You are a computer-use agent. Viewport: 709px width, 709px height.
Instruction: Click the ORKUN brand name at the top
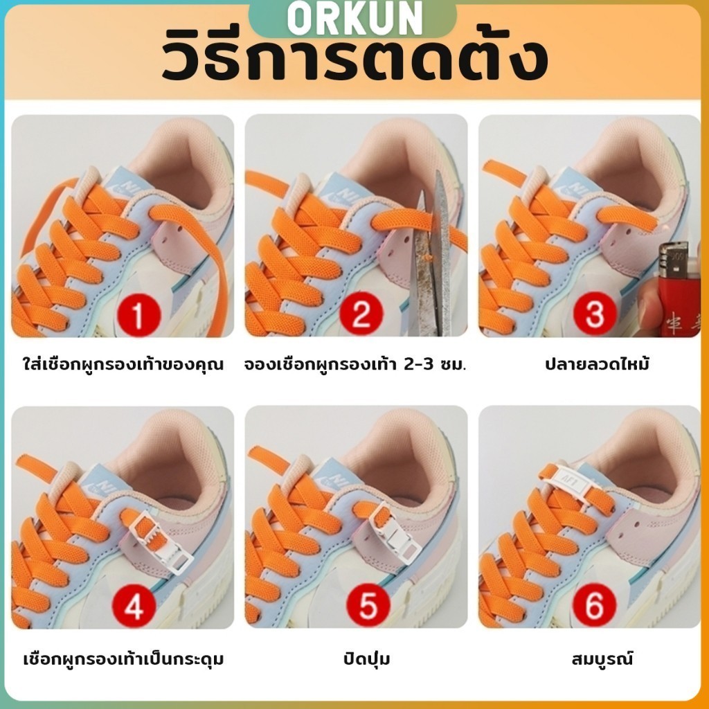(x=354, y=18)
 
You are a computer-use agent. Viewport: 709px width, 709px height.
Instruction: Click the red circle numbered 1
(x=138, y=313)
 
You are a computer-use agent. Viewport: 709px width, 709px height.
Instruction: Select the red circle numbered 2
(x=361, y=313)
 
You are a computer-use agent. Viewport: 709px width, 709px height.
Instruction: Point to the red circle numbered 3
(x=595, y=313)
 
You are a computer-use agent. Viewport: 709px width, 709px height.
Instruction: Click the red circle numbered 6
(x=594, y=604)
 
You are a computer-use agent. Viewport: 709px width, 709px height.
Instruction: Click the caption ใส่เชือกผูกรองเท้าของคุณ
(x=123, y=364)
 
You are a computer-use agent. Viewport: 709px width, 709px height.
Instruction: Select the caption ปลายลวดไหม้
(x=597, y=364)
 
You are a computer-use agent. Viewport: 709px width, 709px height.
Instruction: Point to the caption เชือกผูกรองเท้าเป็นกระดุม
(x=123, y=659)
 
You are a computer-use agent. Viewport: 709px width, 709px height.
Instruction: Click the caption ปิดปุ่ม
(x=367, y=658)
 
